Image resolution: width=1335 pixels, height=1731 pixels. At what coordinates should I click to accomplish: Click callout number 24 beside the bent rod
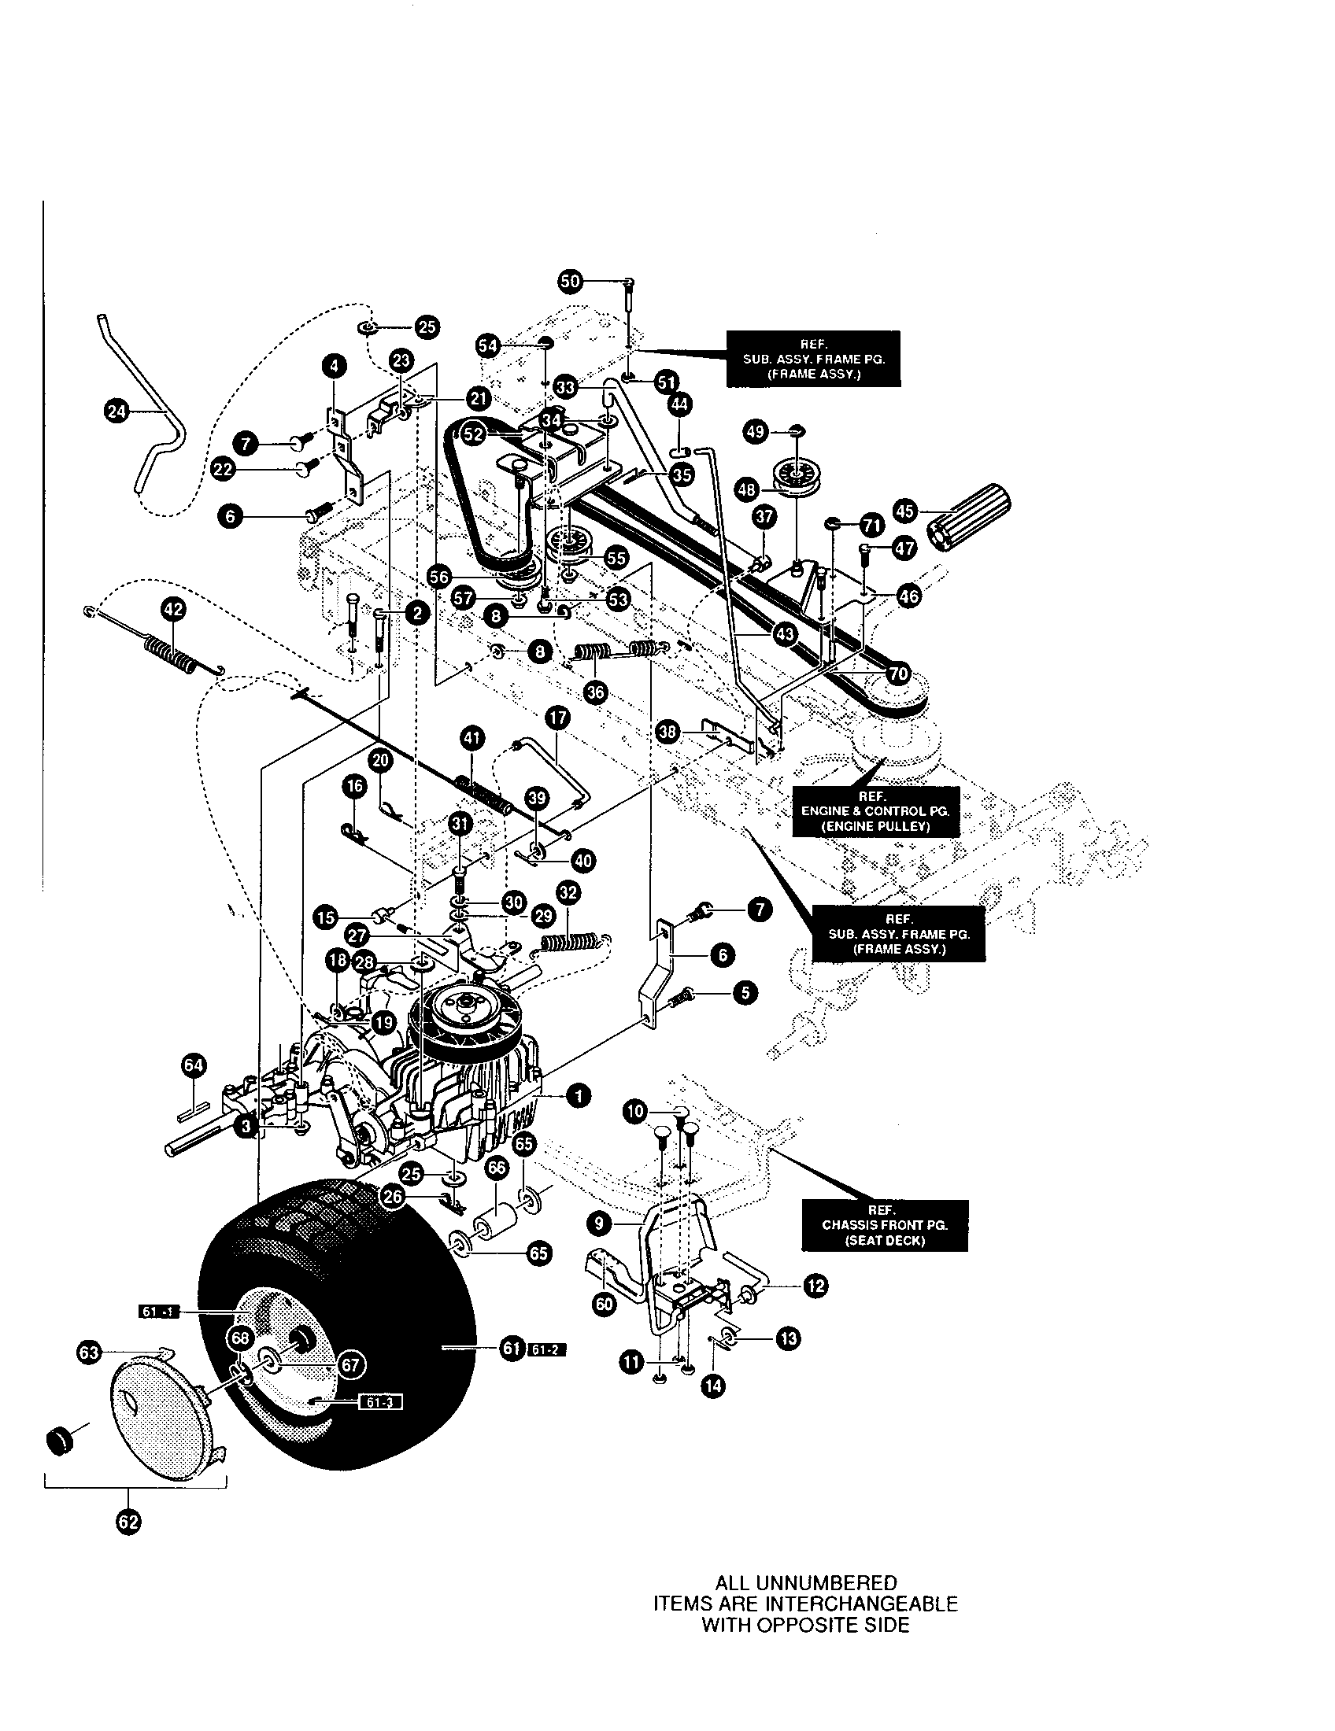(116, 410)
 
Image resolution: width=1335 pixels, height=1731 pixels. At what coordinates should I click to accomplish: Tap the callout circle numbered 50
(569, 281)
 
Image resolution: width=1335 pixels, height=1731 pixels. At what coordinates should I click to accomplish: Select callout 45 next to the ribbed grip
(905, 511)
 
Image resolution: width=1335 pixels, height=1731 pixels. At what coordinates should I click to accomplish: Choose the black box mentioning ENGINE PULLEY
(875, 810)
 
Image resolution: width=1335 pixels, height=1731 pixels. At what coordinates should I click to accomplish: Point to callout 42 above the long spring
(172, 610)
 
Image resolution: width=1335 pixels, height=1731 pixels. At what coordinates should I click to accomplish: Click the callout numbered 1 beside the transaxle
(579, 1096)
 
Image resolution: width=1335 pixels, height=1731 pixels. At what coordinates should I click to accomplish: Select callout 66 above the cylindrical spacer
(496, 1169)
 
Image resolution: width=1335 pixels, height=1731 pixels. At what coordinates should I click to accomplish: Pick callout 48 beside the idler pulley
(747, 490)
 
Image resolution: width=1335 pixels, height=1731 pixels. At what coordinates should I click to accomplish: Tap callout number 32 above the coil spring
(568, 893)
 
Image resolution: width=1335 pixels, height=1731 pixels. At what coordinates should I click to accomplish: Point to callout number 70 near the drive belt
(897, 674)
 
